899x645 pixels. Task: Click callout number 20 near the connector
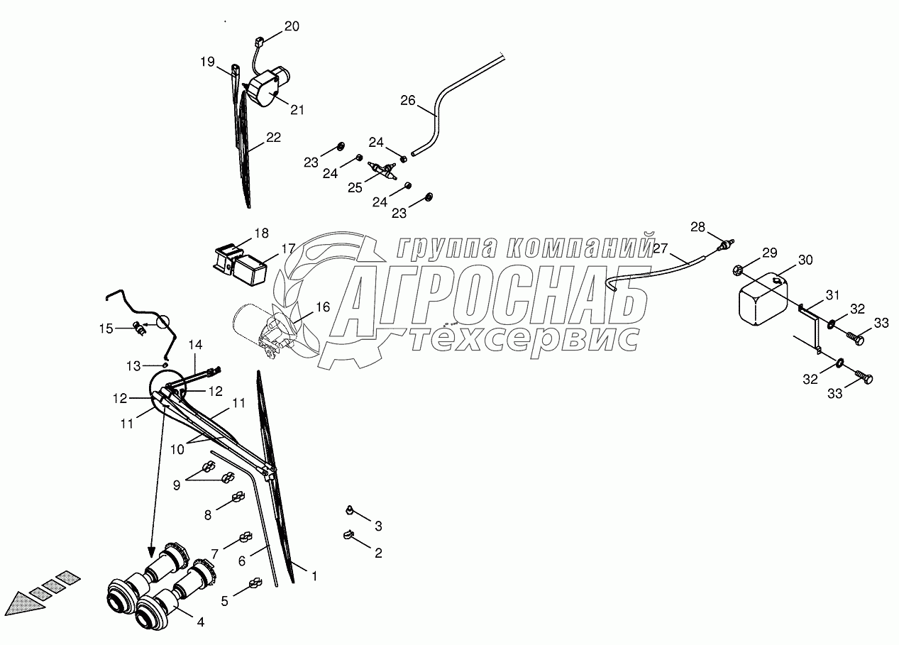coord(292,27)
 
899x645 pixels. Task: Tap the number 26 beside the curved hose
coord(407,101)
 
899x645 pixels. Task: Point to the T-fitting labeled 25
coord(384,170)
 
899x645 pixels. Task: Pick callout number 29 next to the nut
coord(769,253)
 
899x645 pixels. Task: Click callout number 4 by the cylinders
coord(200,622)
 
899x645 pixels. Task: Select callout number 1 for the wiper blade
coord(314,577)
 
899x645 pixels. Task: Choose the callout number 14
coord(195,346)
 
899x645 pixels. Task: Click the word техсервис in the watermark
coord(525,339)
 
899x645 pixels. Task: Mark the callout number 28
coord(698,228)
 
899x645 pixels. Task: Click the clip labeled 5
coord(253,585)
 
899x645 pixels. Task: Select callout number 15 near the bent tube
coord(106,328)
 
